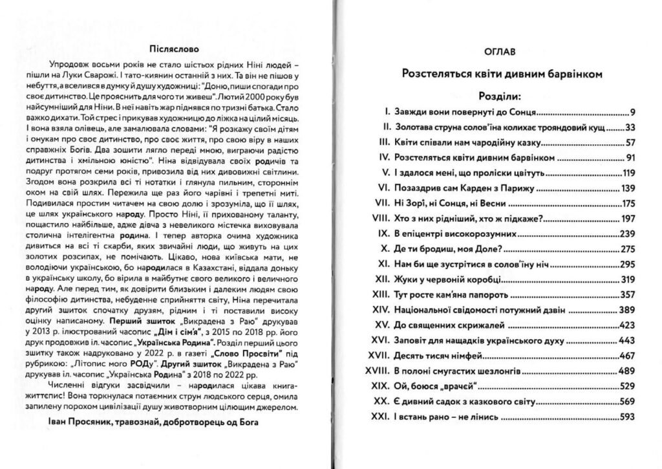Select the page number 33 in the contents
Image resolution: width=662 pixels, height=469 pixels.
click(632, 127)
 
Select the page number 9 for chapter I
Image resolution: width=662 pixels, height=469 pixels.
click(634, 112)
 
